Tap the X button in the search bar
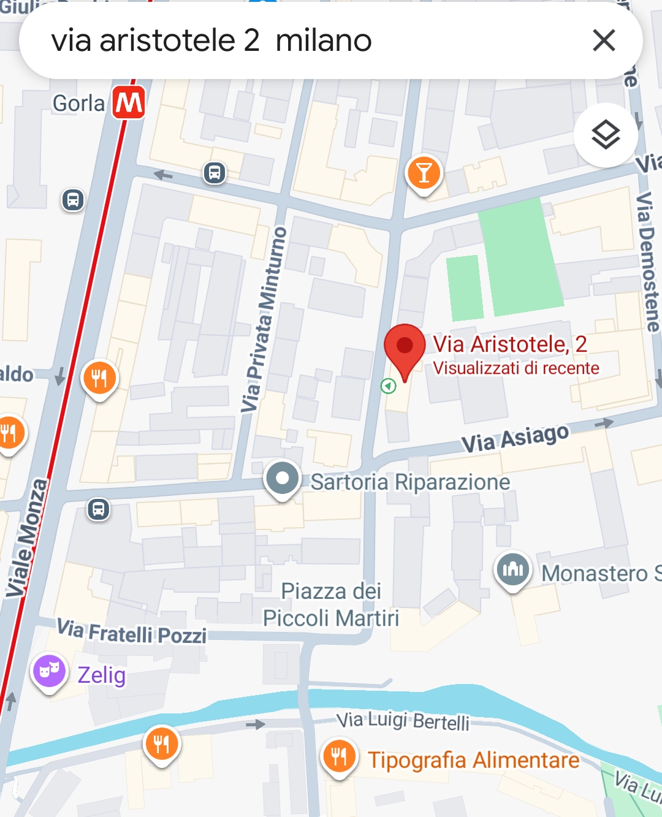[604, 40]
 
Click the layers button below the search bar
[606, 135]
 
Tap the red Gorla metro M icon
[129, 102]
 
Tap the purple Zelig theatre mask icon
[49, 671]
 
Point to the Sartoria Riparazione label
[410, 482]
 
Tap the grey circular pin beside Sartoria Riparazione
[283, 478]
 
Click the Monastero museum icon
[512, 570]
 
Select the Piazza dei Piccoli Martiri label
[331, 604]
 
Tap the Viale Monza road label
[27, 538]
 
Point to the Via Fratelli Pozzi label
[132, 632]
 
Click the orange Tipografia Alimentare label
[473, 760]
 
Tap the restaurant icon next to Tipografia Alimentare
[339, 757]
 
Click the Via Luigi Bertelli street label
[403, 720]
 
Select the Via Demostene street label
[647, 260]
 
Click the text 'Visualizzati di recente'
[516, 368]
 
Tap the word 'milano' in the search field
[324, 41]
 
